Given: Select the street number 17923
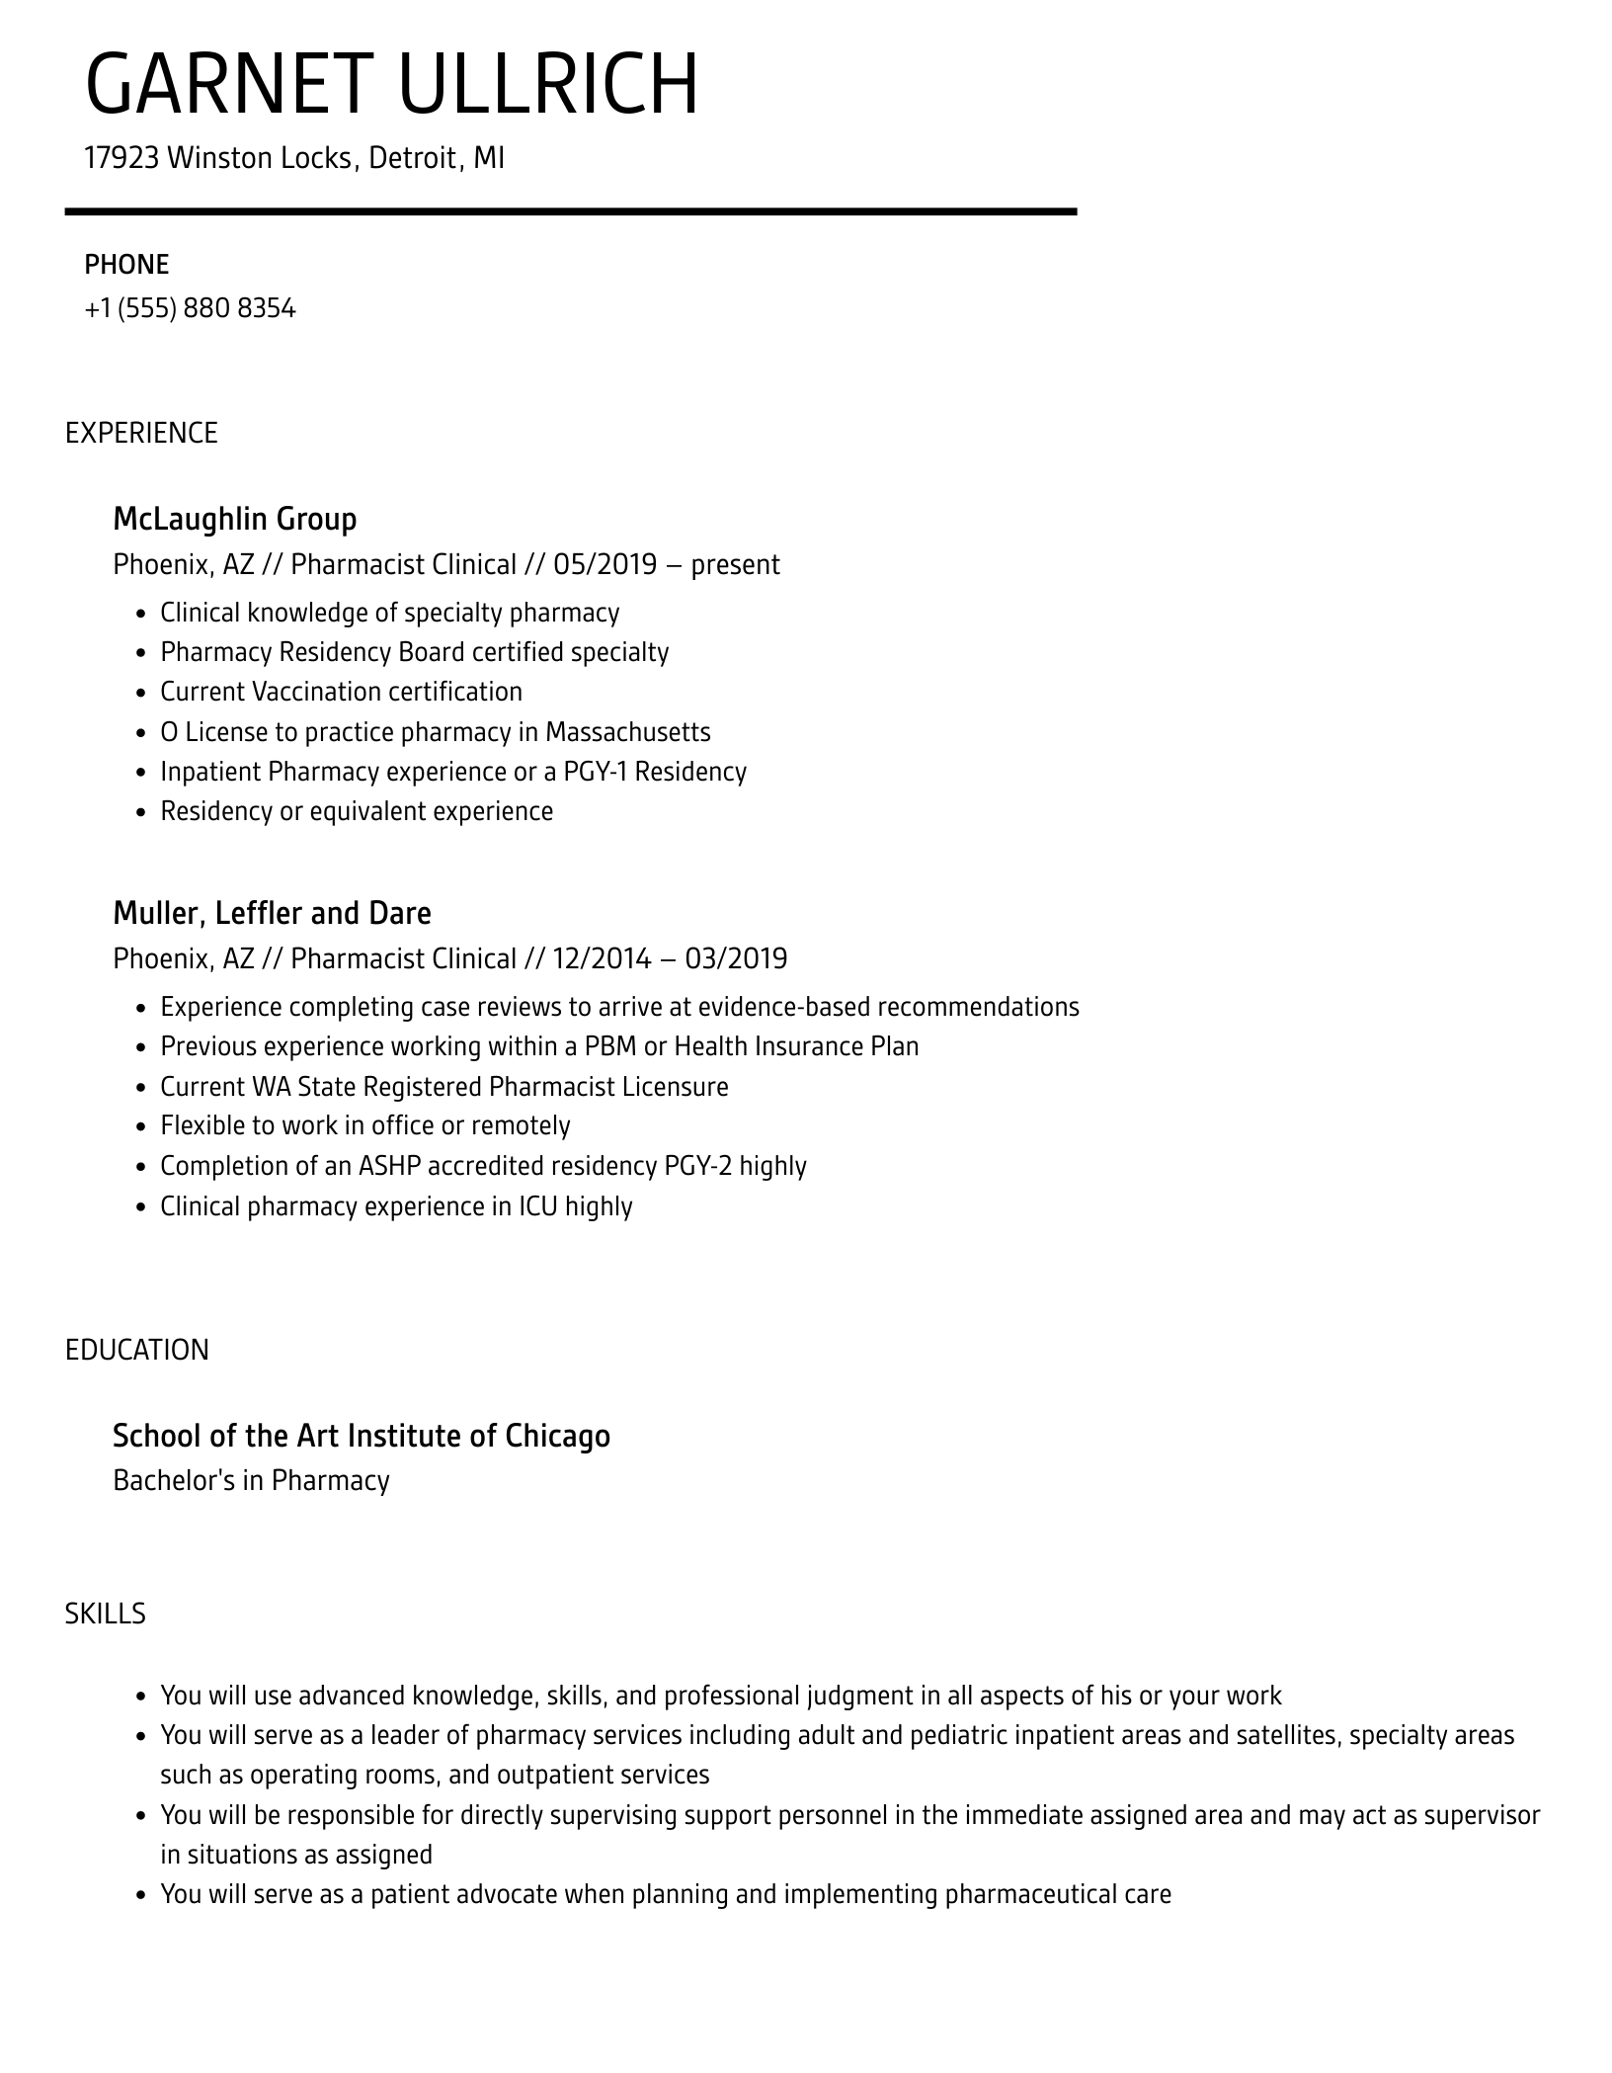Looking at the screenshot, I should (121, 158).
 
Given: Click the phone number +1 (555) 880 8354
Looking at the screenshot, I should (190, 309).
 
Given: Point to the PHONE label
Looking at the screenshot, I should (126, 265).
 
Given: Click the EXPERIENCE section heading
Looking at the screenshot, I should (141, 434).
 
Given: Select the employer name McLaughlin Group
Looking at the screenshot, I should (234, 519).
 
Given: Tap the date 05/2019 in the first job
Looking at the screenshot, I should (604, 565).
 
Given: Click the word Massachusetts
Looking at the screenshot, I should (627, 732).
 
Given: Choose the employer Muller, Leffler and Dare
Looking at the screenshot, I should (272, 913).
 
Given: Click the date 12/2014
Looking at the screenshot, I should (602, 959).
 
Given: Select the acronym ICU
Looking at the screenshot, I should (538, 1206).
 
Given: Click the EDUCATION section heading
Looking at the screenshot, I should (137, 1351).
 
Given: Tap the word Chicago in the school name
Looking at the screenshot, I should (557, 1436).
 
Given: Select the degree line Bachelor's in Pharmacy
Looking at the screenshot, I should (251, 1481).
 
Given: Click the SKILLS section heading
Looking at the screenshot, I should (106, 1615).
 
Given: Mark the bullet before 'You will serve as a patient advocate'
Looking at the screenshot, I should (139, 1895).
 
